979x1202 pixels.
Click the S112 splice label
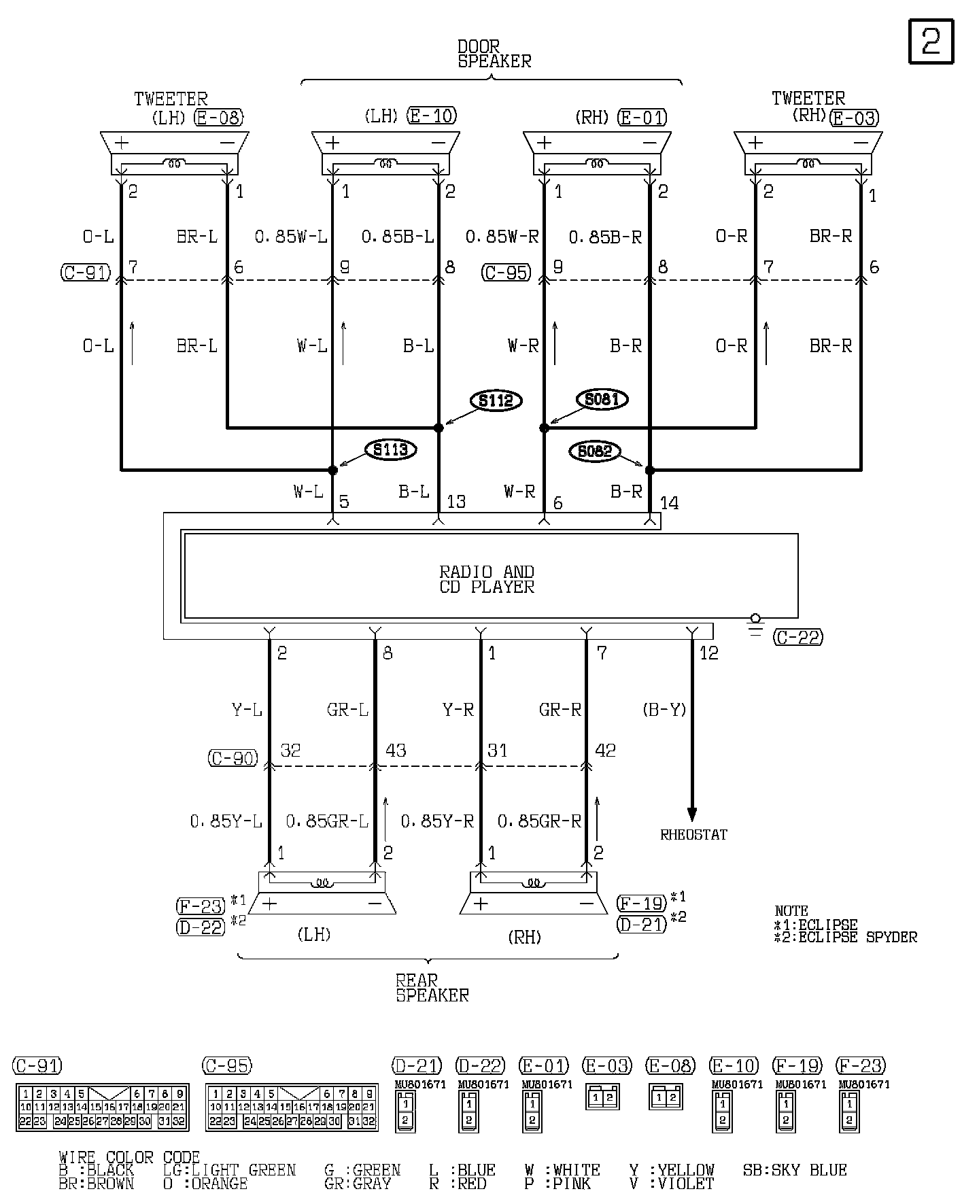[496, 400]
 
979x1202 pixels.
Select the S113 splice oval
[390, 449]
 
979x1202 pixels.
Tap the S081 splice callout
[602, 399]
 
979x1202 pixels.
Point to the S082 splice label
[595, 451]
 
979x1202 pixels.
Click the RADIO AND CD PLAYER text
[487, 579]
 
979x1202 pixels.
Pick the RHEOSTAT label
[693, 835]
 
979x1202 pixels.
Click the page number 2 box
[931, 41]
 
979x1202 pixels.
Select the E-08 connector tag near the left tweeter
[218, 118]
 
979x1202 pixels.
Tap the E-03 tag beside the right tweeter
[855, 118]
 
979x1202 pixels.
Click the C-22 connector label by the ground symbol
[798, 637]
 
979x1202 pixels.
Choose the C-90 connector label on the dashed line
[233, 758]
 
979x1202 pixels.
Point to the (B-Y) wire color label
[664, 710]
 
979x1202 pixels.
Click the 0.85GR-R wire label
[539, 822]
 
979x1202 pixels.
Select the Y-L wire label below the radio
[247, 710]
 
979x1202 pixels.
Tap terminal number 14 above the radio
[669, 503]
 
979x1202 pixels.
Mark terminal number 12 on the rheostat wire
[708, 653]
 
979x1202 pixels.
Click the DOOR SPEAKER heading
[494, 54]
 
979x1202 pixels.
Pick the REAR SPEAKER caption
[432, 989]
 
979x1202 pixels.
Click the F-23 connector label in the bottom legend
[861, 1066]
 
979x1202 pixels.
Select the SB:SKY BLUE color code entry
[795, 1170]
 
